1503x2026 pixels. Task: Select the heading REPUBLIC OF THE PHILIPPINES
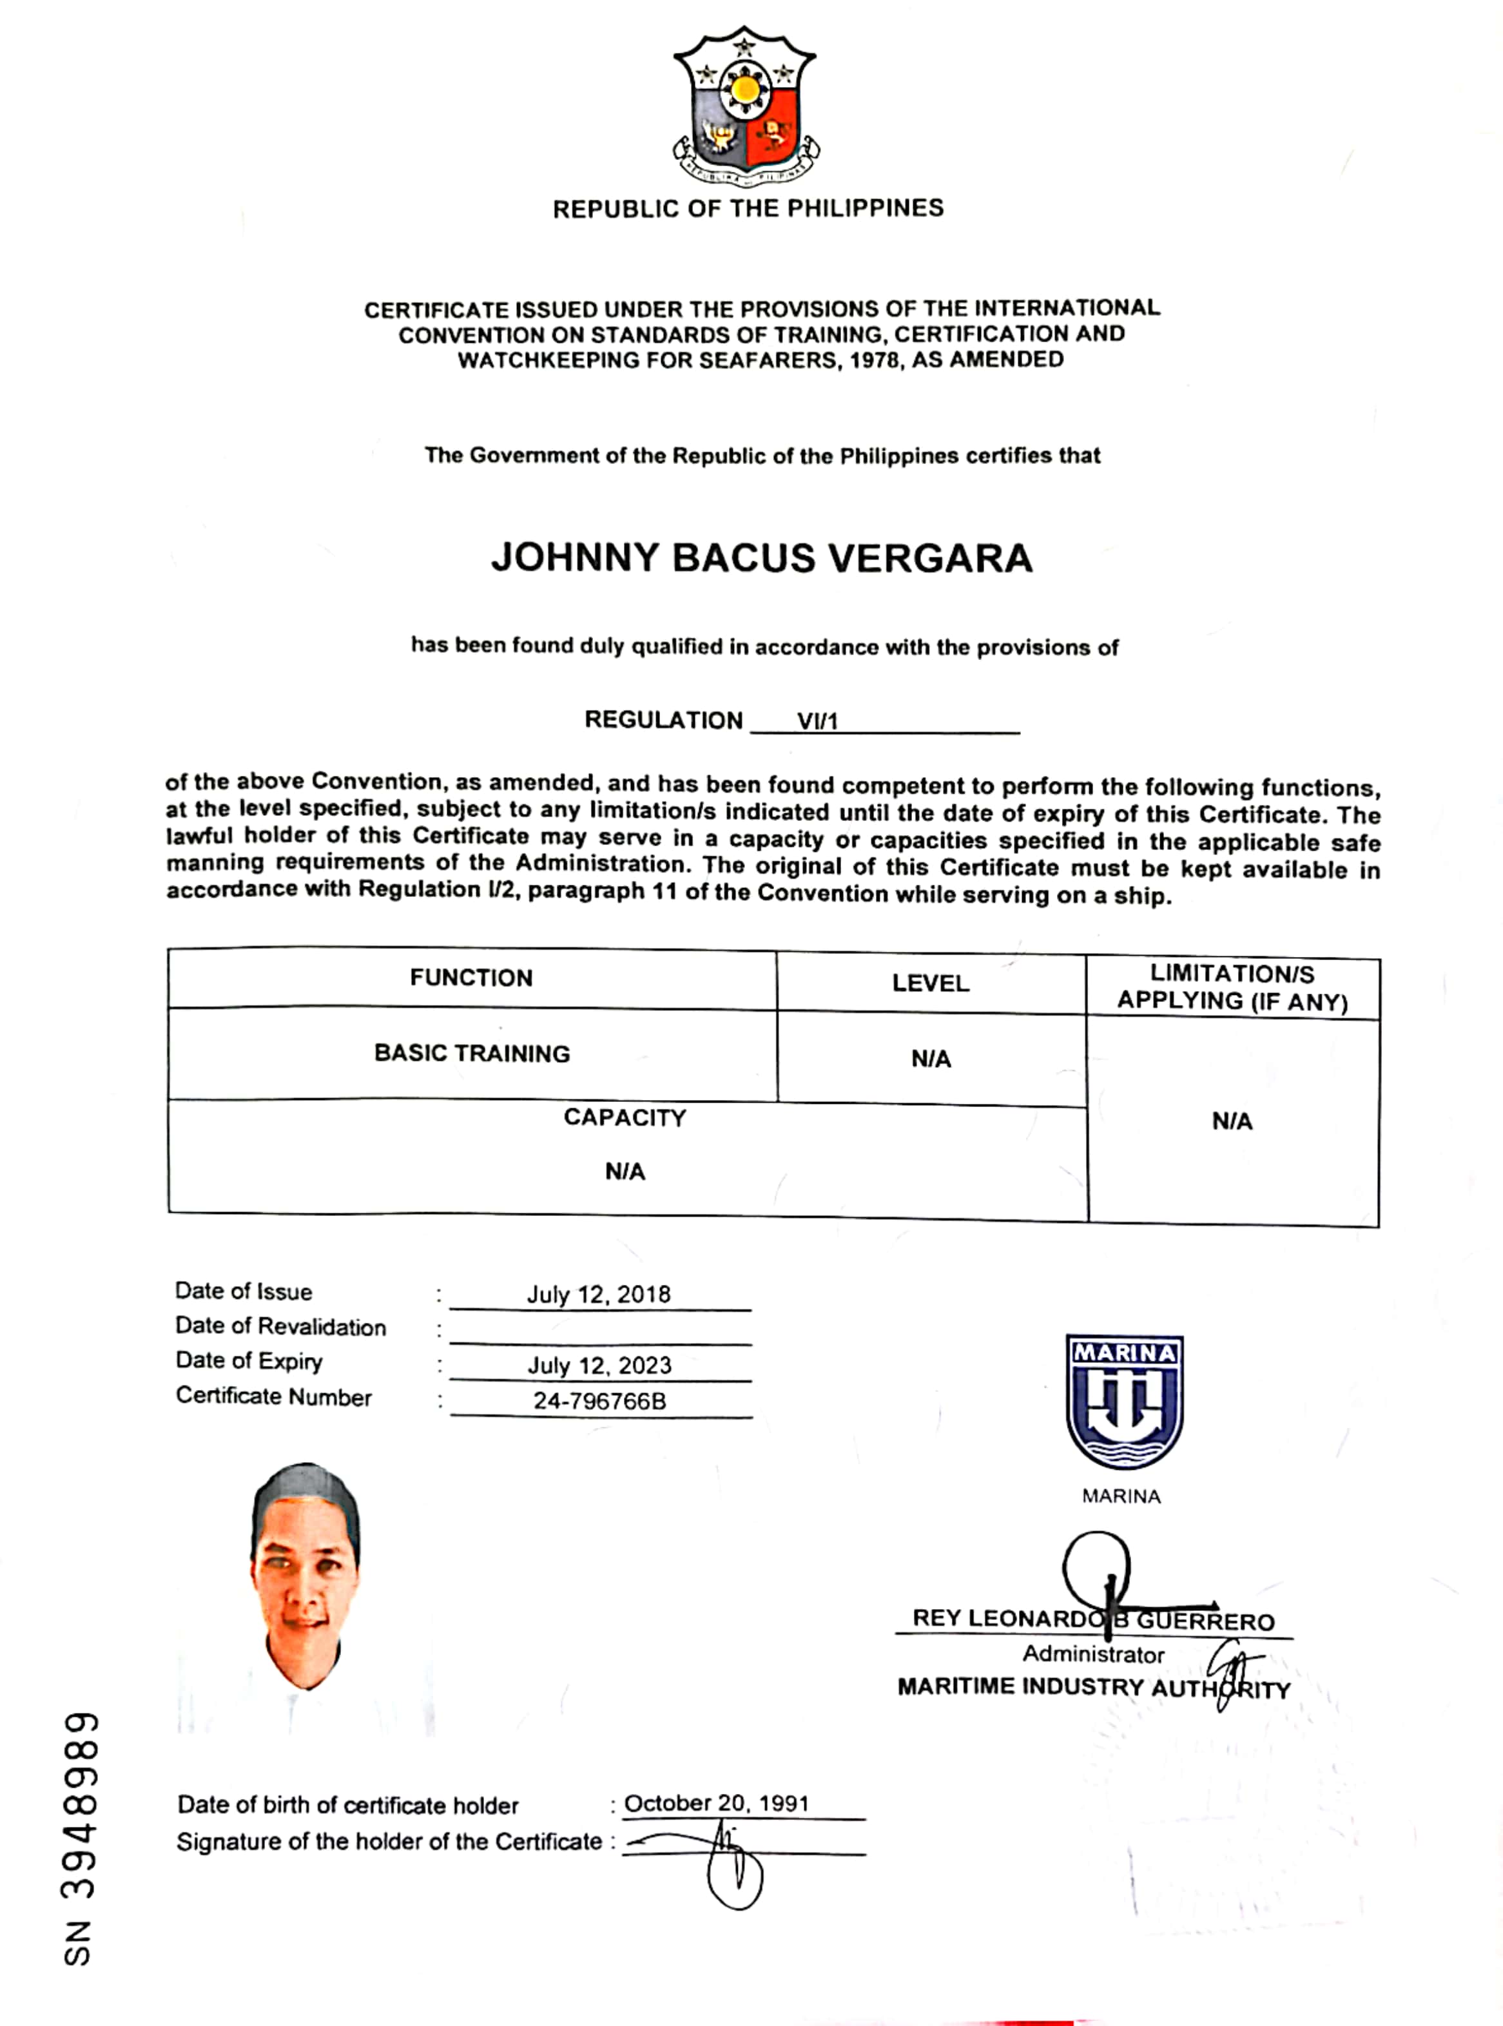(748, 208)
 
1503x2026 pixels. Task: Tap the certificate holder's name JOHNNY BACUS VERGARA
(762, 557)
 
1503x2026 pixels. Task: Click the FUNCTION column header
(471, 978)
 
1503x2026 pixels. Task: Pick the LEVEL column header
(931, 983)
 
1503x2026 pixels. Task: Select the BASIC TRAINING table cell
(472, 1054)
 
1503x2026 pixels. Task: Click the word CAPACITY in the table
(625, 1118)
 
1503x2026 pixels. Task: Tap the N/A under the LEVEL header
(931, 1059)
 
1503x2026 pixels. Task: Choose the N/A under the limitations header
(1232, 1122)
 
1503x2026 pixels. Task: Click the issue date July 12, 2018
(599, 1295)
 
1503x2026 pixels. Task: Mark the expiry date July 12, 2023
(599, 1365)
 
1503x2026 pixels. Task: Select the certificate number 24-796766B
(599, 1401)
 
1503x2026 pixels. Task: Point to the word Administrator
(1094, 1654)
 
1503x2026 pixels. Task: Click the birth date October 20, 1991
(717, 1803)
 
